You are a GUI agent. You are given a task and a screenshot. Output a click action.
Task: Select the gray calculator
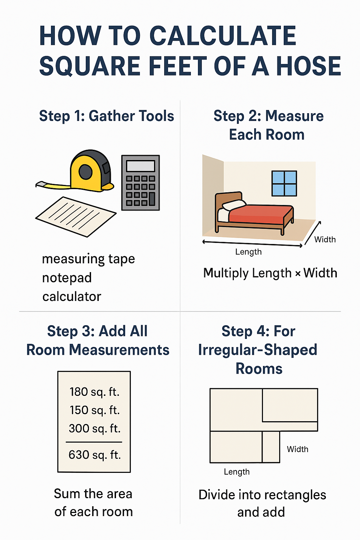tap(140, 183)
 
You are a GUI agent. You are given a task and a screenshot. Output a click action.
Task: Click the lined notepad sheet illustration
tap(76, 216)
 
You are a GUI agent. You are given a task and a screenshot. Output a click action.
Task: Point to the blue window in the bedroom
tap(284, 183)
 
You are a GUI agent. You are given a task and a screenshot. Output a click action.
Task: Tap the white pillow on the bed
tap(234, 205)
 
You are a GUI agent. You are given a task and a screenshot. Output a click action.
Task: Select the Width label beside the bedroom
tap(325, 239)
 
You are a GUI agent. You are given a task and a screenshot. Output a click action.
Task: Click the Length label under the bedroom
tap(248, 252)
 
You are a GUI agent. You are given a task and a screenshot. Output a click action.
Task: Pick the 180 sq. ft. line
tap(94, 392)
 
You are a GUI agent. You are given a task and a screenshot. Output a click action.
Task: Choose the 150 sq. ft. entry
tap(94, 410)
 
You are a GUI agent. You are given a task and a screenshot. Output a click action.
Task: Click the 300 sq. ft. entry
tap(94, 428)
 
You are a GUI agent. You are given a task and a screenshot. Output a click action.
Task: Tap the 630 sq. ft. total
tap(94, 455)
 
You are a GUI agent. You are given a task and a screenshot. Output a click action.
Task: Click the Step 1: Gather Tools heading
tap(107, 116)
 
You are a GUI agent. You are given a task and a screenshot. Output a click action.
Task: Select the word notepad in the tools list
tap(67, 278)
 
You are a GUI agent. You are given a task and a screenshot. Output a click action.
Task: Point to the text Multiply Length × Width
tap(270, 273)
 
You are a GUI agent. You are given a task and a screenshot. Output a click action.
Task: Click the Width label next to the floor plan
tap(297, 449)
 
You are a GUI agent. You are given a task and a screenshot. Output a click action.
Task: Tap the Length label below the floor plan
tap(237, 472)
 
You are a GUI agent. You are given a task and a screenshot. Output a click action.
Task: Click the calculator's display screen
tap(140, 166)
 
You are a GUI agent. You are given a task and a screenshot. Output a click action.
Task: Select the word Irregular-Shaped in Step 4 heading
tap(258, 350)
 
